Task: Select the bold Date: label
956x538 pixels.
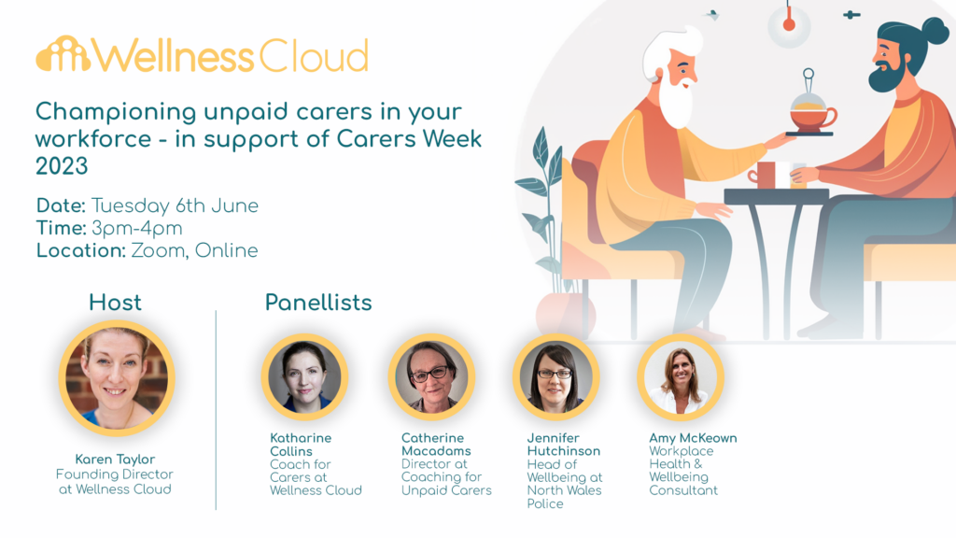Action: [x=61, y=205]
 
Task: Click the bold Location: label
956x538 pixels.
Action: [x=80, y=250]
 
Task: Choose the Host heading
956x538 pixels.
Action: [x=115, y=303]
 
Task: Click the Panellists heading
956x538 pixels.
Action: [x=318, y=303]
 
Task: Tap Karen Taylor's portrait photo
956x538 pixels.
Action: [x=117, y=377]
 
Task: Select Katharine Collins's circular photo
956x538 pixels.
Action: [x=304, y=377]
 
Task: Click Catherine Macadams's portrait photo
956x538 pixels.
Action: [x=431, y=377]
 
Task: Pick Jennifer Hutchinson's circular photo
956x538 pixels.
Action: [x=555, y=377]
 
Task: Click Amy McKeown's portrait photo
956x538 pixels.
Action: [x=681, y=377]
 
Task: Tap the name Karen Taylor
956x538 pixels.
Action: [x=116, y=460]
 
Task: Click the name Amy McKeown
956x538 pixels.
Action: [x=693, y=438]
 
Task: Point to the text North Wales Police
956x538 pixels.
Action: [x=564, y=497]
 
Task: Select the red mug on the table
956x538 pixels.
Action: [x=765, y=175]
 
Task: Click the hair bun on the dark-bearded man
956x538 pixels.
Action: [x=934, y=31]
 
